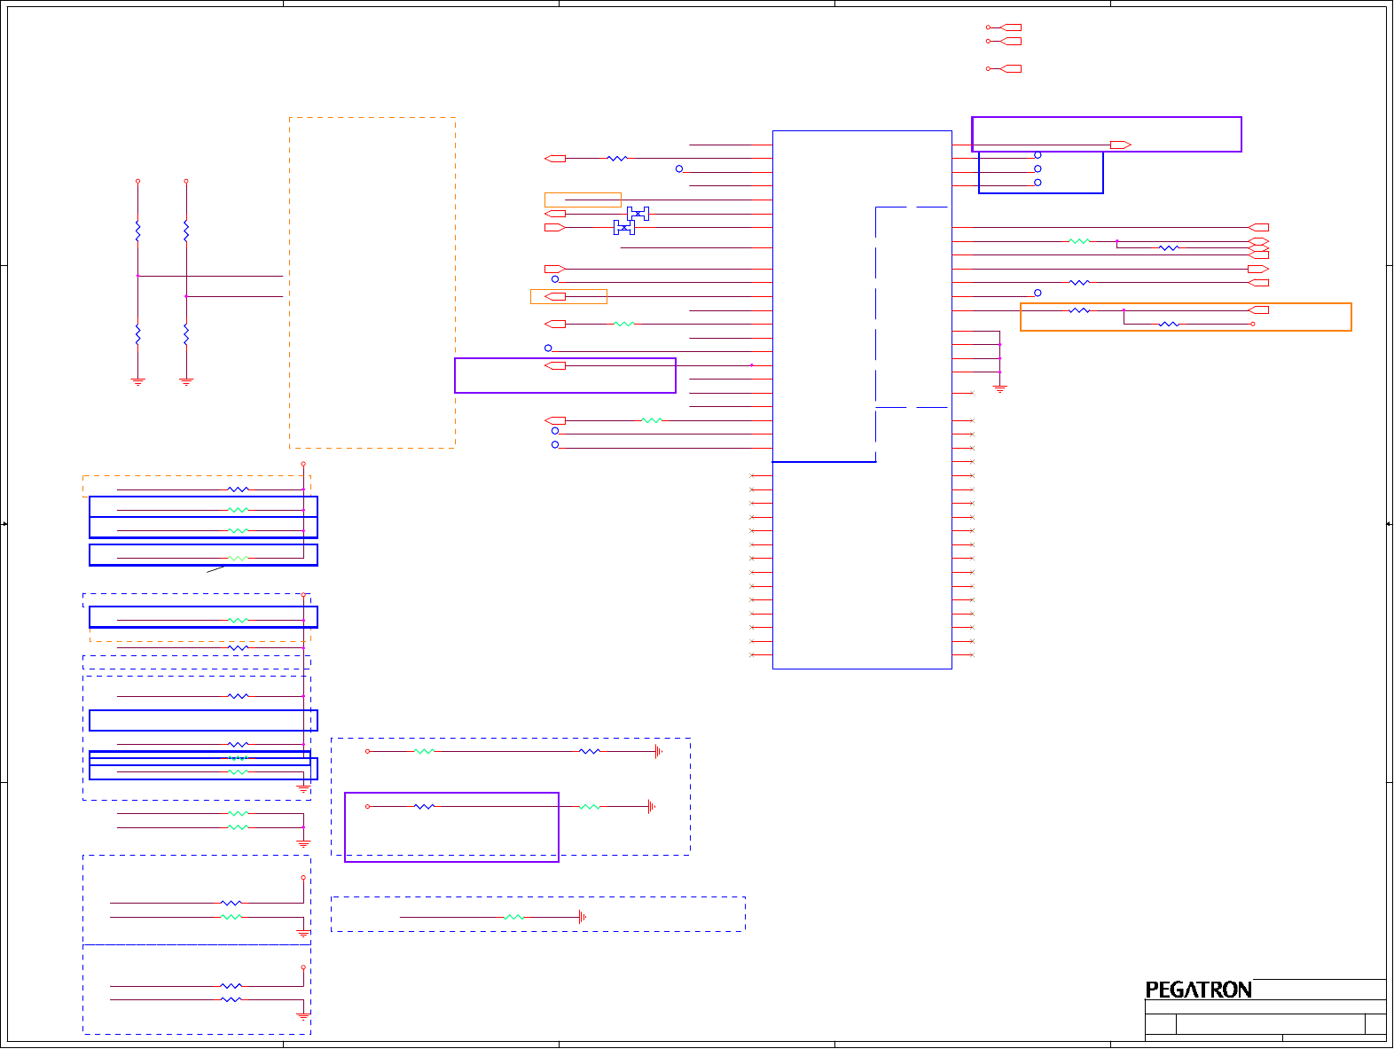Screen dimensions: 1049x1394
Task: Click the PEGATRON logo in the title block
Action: [1198, 990]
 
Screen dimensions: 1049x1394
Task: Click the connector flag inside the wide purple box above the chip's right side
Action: [1120, 145]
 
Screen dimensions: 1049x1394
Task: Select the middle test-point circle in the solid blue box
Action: [1038, 168]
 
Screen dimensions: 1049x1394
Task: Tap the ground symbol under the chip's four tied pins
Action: [999, 388]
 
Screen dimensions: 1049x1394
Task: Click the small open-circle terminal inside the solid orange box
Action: [1253, 325]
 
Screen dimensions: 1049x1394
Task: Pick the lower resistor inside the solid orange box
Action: [1169, 325]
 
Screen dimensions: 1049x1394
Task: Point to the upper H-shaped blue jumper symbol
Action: [638, 214]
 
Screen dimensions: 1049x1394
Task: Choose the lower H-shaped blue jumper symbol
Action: [624, 228]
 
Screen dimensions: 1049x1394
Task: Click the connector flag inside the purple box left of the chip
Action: [555, 365]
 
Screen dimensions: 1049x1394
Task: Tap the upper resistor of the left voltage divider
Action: [137, 231]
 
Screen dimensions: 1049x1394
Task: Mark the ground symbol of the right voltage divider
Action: [186, 382]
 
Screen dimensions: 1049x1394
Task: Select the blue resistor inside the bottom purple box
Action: [425, 807]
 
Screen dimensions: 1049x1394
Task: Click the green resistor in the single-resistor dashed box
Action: [513, 918]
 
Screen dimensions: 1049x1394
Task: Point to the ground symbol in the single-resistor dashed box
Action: [582, 918]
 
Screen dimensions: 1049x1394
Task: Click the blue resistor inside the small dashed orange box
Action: [239, 489]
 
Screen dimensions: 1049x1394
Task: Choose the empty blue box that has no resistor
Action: [203, 720]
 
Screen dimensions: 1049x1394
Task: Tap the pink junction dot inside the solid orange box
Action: [1124, 310]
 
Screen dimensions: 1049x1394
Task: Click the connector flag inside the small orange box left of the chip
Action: [555, 296]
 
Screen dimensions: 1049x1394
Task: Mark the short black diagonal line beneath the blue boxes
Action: [216, 569]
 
